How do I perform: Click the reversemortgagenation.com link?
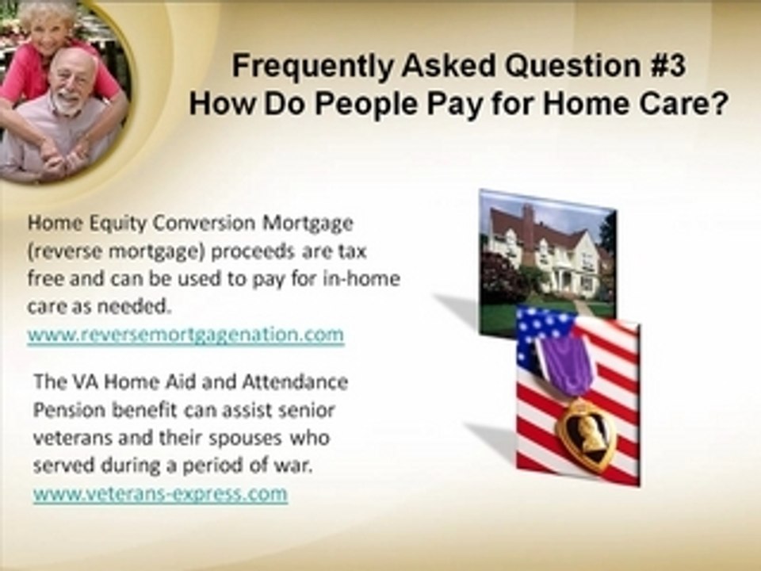coord(185,335)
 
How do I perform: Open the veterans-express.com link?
coord(160,494)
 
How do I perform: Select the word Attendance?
coord(295,382)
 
